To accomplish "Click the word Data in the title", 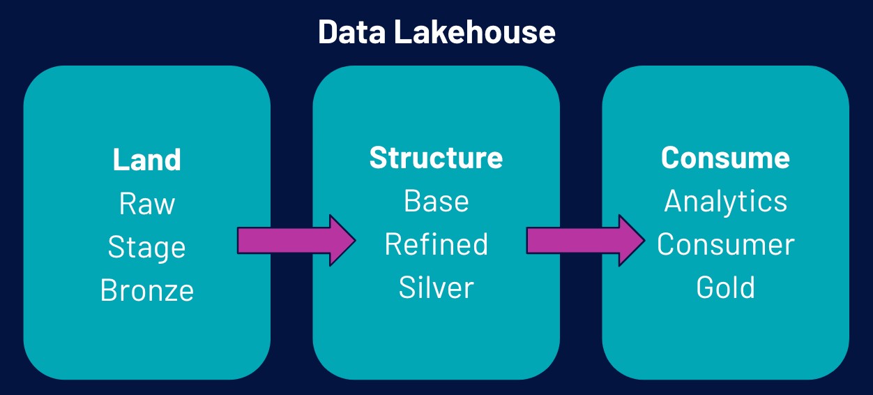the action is point(352,31).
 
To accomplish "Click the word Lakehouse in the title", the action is point(475,31).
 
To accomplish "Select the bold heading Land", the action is point(147,160).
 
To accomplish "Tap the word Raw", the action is point(147,203).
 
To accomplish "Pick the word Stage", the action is point(146,248).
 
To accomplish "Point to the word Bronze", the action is point(147,290).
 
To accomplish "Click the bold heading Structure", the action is point(436,158).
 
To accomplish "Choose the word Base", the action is point(436,201).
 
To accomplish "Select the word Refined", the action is point(436,244).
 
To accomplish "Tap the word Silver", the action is point(436,288).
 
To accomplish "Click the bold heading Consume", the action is point(725,158).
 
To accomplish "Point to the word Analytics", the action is point(726,202).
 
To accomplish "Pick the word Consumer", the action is point(726,244).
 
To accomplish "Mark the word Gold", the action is point(726,288).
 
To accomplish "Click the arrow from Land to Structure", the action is point(296,241).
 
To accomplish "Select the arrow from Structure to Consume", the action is point(586,241).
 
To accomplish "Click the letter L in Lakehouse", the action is point(402,31).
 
